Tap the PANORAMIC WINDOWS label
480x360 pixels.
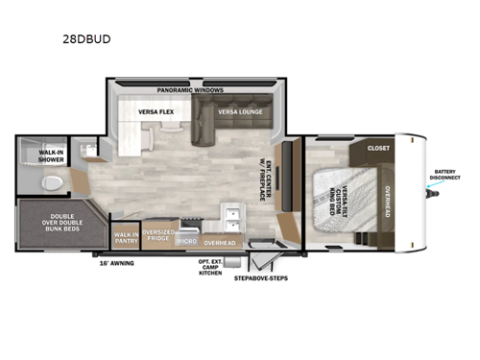pos(190,89)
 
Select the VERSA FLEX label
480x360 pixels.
pos(155,111)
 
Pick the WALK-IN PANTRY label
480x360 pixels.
pos(126,235)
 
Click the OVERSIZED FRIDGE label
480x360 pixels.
pos(158,235)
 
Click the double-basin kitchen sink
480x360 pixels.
pos(230,213)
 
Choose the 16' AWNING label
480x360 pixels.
pos(117,261)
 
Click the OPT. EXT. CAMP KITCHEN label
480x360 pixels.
pos(210,267)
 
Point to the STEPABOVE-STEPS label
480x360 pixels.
pos(261,278)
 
